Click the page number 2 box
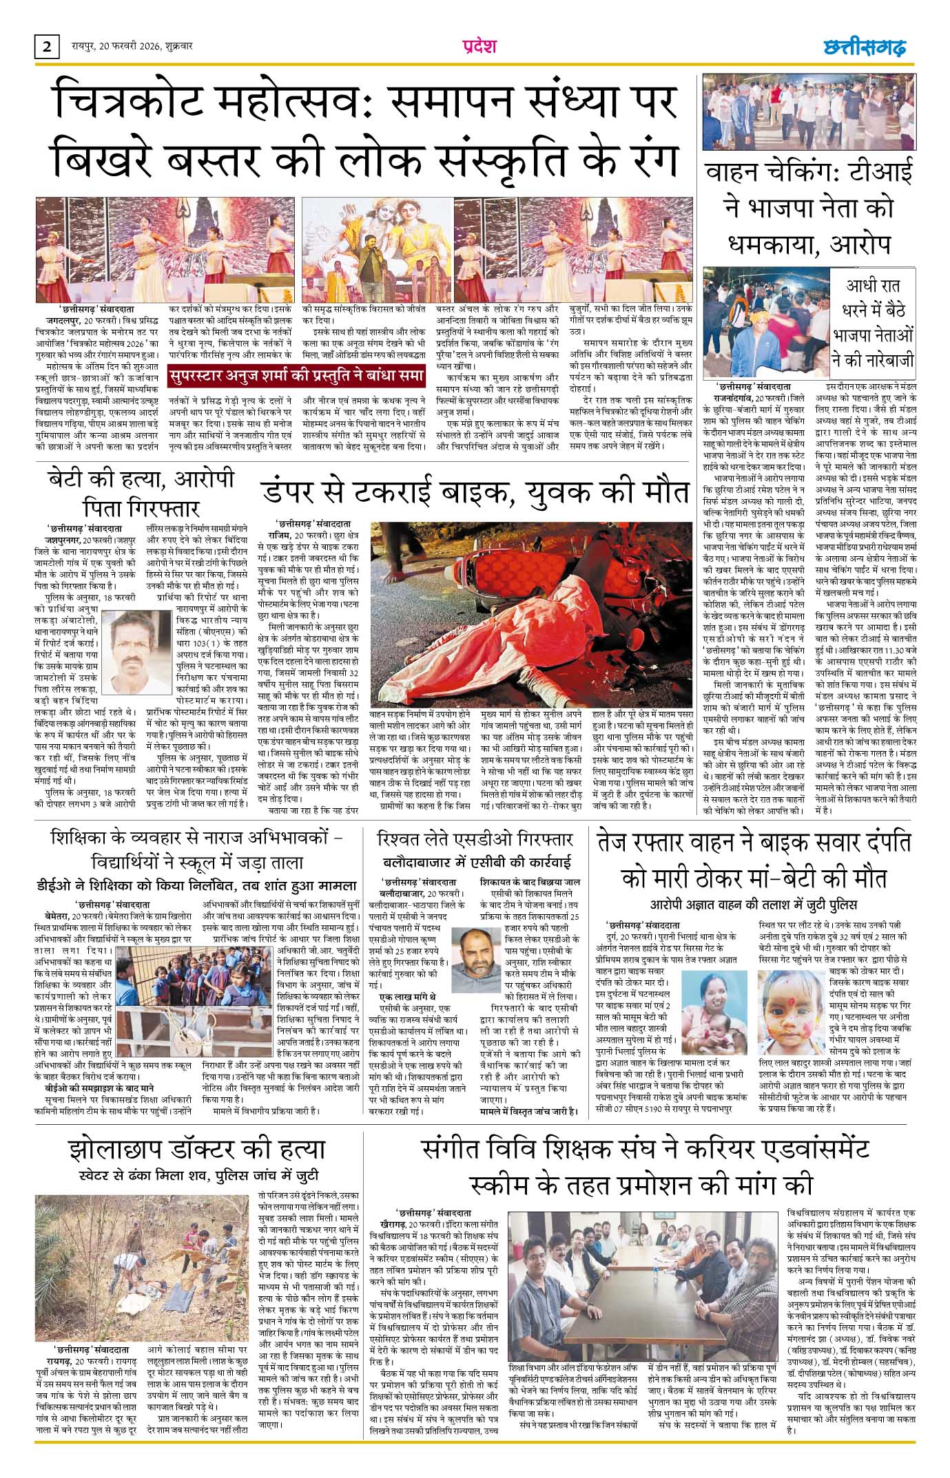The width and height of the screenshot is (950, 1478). click(x=47, y=47)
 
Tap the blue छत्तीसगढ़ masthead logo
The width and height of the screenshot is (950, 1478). click(x=865, y=47)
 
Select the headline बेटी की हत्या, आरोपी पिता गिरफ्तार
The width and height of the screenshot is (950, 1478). click(x=141, y=492)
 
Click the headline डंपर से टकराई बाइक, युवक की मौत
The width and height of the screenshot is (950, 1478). click(x=475, y=493)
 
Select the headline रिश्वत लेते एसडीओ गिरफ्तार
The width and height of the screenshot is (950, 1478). click(x=475, y=839)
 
